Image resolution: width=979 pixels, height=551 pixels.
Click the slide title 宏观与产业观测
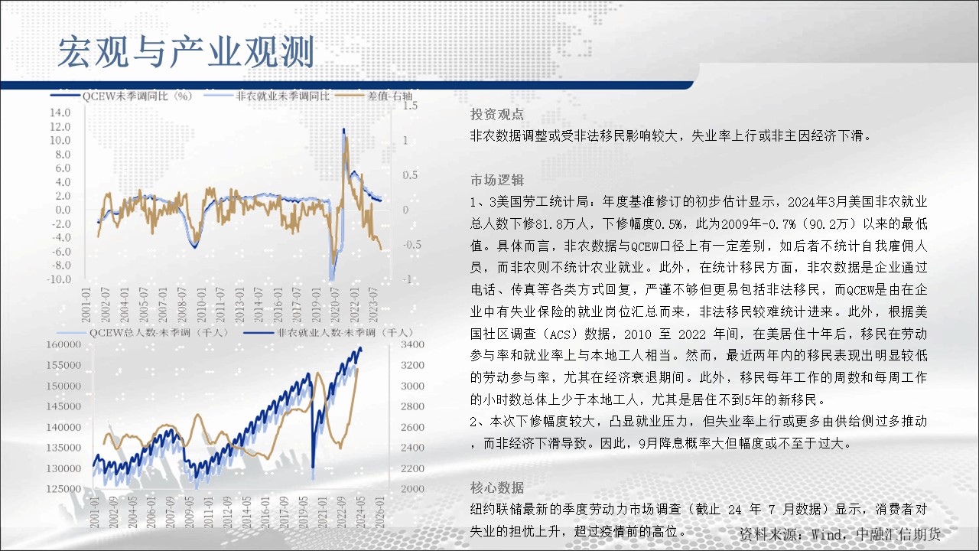point(186,53)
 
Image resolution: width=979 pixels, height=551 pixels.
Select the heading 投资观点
point(497,114)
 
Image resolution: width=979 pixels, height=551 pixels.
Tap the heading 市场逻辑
point(497,180)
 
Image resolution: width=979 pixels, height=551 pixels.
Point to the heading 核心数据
point(497,487)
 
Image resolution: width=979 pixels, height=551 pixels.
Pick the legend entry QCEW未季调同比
point(137,96)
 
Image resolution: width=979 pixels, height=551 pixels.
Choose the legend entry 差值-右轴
point(389,96)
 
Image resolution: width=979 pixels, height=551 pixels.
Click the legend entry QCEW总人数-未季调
point(159,333)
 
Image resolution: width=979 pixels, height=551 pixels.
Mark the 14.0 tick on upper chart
point(60,112)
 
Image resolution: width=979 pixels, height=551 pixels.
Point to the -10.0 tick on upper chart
point(59,279)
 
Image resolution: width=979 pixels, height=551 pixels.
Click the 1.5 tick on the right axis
point(410,106)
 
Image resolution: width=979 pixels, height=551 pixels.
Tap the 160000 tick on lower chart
point(63,344)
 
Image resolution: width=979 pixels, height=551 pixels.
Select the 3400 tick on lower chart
point(412,344)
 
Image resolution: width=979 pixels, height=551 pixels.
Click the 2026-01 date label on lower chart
point(380,512)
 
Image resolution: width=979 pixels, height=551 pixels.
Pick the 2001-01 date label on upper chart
point(86,305)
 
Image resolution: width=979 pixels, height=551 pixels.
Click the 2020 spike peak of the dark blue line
point(343,129)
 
